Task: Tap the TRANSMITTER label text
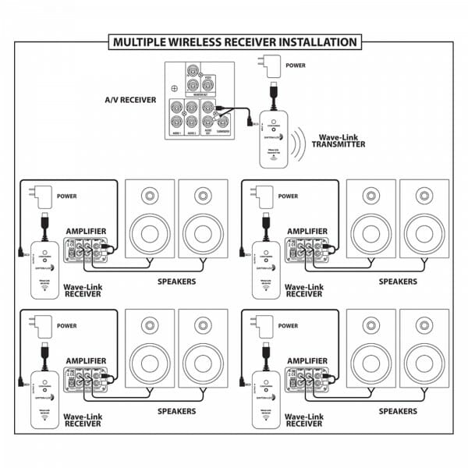point(337,144)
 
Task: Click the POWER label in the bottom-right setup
point(287,325)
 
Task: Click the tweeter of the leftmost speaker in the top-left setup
point(149,195)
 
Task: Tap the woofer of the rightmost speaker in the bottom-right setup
point(424,361)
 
